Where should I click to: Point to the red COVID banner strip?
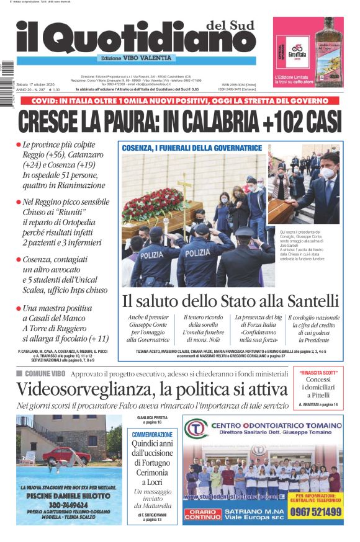(180, 99)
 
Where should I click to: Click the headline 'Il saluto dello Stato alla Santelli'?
(230, 302)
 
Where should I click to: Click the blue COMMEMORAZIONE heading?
(152, 435)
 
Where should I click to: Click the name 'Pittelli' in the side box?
(318, 394)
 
